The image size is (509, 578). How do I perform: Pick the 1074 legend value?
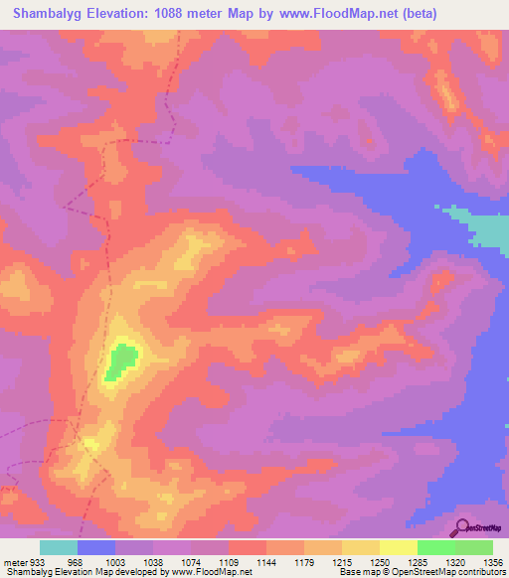pyautogui.click(x=190, y=561)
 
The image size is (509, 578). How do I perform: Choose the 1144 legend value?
pyautogui.click(x=265, y=561)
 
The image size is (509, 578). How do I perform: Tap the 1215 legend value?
pyautogui.click(x=341, y=561)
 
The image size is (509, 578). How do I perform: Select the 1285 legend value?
pyautogui.click(x=417, y=561)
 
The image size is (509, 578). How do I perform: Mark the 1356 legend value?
pyautogui.click(x=491, y=561)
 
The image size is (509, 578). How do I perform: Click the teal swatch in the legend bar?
pyautogui.click(x=59, y=547)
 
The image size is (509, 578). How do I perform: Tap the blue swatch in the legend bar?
pyautogui.click(x=96, y=547)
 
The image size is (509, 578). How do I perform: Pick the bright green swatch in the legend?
pyautogui.click(x=435, y=547)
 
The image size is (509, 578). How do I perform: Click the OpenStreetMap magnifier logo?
pyautogui.click(x=463, y=526)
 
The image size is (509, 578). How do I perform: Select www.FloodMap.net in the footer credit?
pyautogui.click(x=210, y=572)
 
